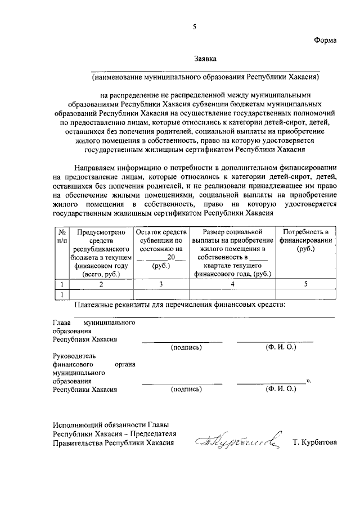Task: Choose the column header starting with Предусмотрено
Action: (x=101, y=252)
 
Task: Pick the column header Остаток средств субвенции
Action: (x=161, y=248)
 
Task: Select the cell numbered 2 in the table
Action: (x=101, y=284)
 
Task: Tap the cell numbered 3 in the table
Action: (x=161, y=284)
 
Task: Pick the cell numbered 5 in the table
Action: (x=305, y=284)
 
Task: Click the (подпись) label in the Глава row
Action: (x=186, y=347)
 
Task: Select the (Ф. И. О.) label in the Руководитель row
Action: (x=281, y=388)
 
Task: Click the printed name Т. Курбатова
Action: (x=314, y=442)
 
